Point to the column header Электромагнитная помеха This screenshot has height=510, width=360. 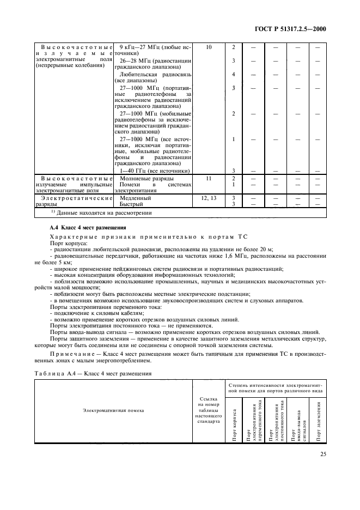pyautogui.click(x=113, y=410)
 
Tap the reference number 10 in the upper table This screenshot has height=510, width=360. pyautogui.click(x=209, y=47)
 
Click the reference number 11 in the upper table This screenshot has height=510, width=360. pyautogui.click(x=209, y=178)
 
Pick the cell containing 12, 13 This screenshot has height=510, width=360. pyautogui.click(x=209, y=198)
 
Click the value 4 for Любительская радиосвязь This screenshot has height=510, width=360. pyautogui.click(x=233, y=74)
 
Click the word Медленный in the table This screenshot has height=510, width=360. pyautogui.click(x=134, y=198)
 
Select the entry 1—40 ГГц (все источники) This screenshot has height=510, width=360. pyautogui.click(x=154, y=171)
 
